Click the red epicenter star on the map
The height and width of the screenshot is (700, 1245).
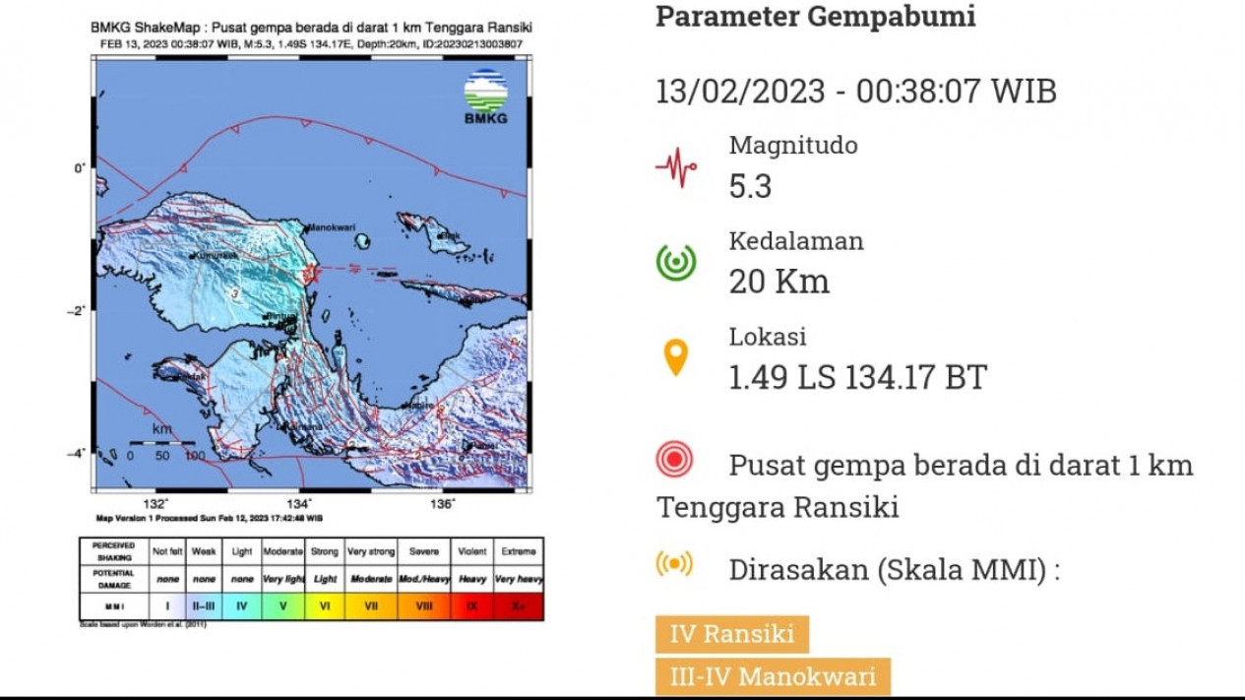[x=311, y=274]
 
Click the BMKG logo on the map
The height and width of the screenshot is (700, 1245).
[x=485, y=96]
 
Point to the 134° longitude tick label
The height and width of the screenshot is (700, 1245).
[x=301, y=503]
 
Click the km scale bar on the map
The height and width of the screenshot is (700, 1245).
[x=162, y=445]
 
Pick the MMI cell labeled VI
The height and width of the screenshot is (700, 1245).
[x=325, y=606]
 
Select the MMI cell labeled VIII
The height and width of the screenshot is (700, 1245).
[x=423, y=606]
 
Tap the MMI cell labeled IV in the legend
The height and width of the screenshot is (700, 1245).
[x=242, y=606]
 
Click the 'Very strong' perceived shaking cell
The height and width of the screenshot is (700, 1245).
[x=370, y=551]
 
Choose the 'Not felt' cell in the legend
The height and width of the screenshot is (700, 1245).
[x=166, y=551]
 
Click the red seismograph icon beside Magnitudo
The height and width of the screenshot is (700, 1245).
[x=676, y=166]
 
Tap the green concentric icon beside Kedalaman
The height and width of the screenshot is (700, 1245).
[x=676, y=262]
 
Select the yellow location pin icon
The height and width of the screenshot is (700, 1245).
[x=676, y=357]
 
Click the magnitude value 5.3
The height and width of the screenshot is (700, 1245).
[x=750, y=186]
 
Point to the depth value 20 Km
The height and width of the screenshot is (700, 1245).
[x=778, y=282]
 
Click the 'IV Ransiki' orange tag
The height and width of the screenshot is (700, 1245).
[x=732, y=633]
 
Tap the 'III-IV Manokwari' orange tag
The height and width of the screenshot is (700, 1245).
[x=773, y=676]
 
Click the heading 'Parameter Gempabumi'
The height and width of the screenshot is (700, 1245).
[x=815, y=17]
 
